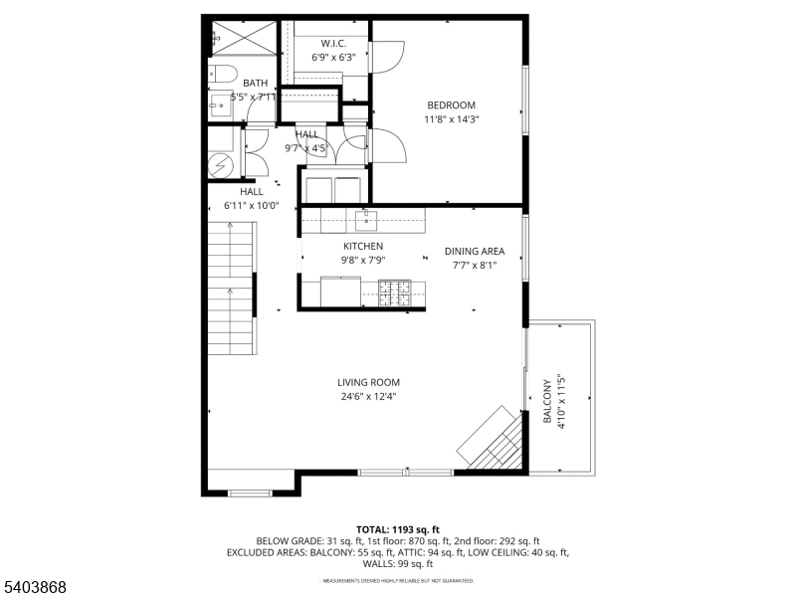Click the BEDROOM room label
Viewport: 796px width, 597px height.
pos(451,105)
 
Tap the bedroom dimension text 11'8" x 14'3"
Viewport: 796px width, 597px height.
pos(451,119)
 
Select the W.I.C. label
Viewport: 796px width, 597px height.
pos(332,43)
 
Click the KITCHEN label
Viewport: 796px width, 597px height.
pos(363,246)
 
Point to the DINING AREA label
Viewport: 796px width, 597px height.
pos(475,252)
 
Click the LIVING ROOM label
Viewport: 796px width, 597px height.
pos(368,382)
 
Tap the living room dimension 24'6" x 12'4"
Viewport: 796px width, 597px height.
pos(368,396)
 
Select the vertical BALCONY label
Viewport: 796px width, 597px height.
pos(546,402)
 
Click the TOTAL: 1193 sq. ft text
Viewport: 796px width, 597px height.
pos(398,529)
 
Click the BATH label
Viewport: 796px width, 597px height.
pos(256,84)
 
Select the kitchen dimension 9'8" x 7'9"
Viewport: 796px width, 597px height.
pos(363,260)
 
